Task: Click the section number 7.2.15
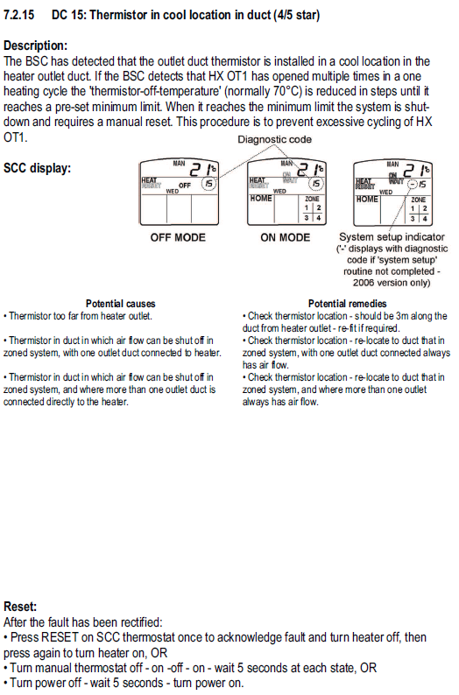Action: [18, 15]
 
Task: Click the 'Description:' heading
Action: [36, 46]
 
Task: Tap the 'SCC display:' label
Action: [38, 168]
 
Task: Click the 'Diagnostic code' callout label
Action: [274, 140]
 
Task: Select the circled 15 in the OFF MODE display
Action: [209, 183]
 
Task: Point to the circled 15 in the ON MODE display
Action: [316, 184]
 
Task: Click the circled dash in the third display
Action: [413, 184]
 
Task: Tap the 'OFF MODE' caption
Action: [178, 237]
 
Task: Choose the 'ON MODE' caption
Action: [286, 237]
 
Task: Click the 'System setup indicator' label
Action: [392, 237]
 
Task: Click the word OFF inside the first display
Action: [185, 186]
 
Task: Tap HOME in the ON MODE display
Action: [261, 199]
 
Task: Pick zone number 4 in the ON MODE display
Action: [319, 218]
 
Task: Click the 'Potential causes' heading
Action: [121, 304]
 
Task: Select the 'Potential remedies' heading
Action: [347, 304]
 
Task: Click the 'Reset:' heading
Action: [20, 607]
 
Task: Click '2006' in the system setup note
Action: [364, 283]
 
